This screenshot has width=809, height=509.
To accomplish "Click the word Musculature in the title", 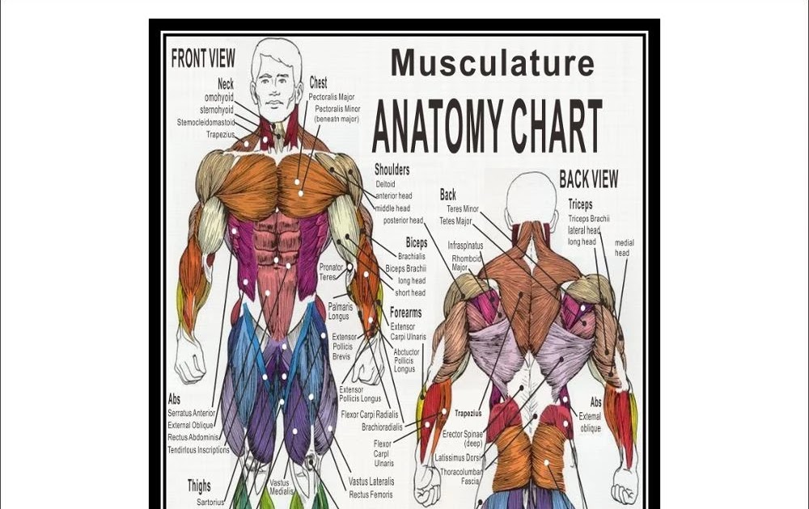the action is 492,62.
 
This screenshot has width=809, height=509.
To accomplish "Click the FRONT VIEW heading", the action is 203,59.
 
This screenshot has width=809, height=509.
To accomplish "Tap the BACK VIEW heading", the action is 588,179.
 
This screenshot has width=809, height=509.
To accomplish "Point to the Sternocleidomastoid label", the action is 205,123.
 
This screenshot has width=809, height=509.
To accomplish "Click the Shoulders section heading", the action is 392,170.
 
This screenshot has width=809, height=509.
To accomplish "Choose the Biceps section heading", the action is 416,242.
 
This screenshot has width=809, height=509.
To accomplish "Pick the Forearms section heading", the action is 405,313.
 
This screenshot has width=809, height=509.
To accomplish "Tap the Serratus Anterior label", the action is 192,413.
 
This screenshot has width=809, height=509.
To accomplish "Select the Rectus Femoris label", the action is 371,494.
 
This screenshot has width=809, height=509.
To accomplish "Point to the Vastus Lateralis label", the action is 371,482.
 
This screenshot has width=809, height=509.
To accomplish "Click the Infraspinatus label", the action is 465,245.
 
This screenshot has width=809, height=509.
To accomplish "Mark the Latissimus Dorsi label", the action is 458,458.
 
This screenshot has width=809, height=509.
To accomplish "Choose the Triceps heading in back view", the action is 580,204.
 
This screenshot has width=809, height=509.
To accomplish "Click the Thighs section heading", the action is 199,486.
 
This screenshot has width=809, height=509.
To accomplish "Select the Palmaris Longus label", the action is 339,312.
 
